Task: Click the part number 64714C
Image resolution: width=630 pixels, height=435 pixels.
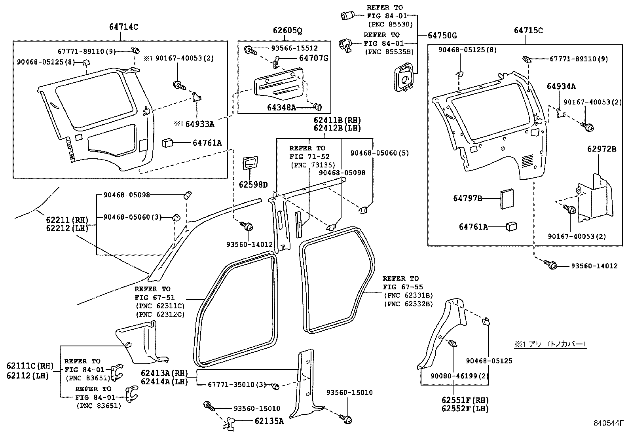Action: (x=123, y=27)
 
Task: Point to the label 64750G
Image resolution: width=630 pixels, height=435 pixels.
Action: (x=442, y=36)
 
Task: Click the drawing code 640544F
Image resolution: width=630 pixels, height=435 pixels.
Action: (x=608, y=424)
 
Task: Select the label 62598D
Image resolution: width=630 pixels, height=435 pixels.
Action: (x=253, y=184)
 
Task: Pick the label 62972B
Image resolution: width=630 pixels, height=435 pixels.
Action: (x=602, y=149)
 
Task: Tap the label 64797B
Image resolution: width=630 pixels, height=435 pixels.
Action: (x=467, y=198)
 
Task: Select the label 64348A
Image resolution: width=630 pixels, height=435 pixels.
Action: (x=281, y=107)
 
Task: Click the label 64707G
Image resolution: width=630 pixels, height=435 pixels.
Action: (x=313, y=59)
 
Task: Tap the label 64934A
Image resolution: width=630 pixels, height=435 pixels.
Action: (x=561, y=86)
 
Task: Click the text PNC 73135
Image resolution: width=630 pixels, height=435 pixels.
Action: (x=312, y=165)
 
